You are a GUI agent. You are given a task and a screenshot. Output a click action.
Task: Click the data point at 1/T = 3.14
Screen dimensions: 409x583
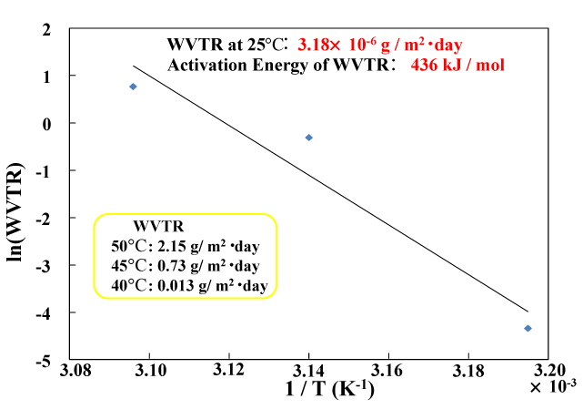click(309, 138)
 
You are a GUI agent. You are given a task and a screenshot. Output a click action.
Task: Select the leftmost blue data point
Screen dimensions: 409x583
click(133, 87)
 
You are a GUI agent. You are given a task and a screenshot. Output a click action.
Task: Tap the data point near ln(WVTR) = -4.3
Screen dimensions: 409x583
click(528, 328)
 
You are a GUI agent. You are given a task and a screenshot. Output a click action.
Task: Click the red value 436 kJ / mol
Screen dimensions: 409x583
click(457, 65)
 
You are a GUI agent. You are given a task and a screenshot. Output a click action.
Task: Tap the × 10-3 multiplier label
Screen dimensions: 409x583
click(553, 387)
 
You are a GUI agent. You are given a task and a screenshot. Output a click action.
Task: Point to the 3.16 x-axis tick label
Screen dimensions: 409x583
click(388, 372)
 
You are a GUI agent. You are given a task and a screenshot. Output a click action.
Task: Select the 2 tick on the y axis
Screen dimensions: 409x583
click(47, 29)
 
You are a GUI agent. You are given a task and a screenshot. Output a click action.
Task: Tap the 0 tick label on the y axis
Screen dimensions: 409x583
click(47, 124)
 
